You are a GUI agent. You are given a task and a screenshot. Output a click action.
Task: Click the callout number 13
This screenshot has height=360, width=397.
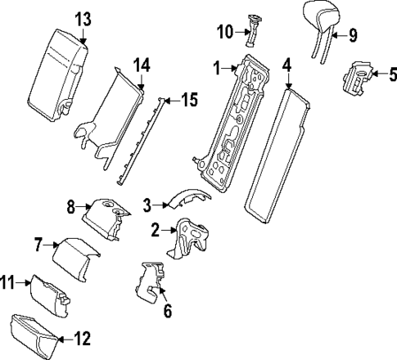point(83,17)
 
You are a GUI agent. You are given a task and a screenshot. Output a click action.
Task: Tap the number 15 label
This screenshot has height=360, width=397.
point(189,101)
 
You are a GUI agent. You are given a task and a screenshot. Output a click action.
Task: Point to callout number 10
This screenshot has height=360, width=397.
point(225,32)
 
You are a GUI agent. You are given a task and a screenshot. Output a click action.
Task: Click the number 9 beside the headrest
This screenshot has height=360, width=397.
point(353,34)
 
